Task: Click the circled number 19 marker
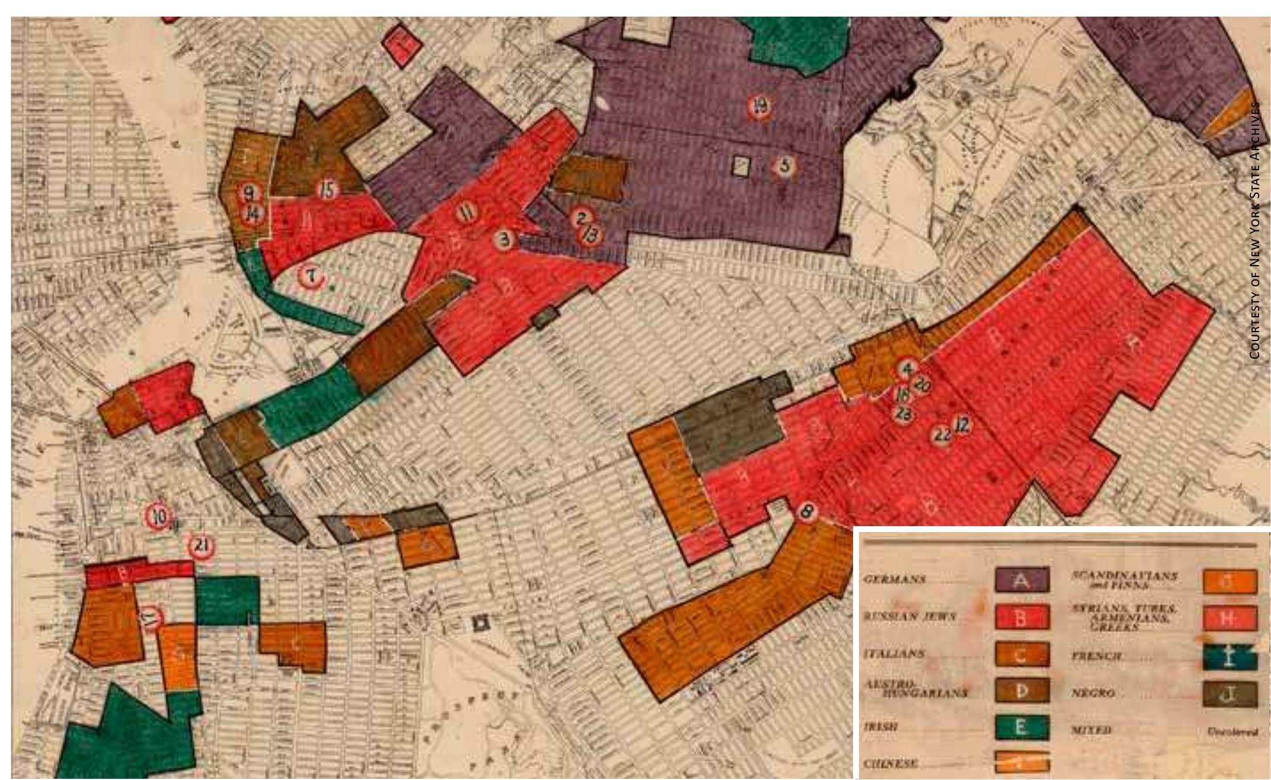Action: click(760, 107)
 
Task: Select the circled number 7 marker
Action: click(311, 276)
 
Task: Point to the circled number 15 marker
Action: click(327, 190)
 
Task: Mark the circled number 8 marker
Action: click(806, 511)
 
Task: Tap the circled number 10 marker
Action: click(159, 516)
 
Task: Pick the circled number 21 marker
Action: click(201, 546)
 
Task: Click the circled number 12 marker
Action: click(962, 425)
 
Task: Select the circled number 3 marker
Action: click(505, 240)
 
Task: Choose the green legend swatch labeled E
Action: click(1021, 727)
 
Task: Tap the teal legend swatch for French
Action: click(1230, 657)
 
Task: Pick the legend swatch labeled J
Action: click(1230, 694)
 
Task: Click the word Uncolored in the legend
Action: click(1231, 732)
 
